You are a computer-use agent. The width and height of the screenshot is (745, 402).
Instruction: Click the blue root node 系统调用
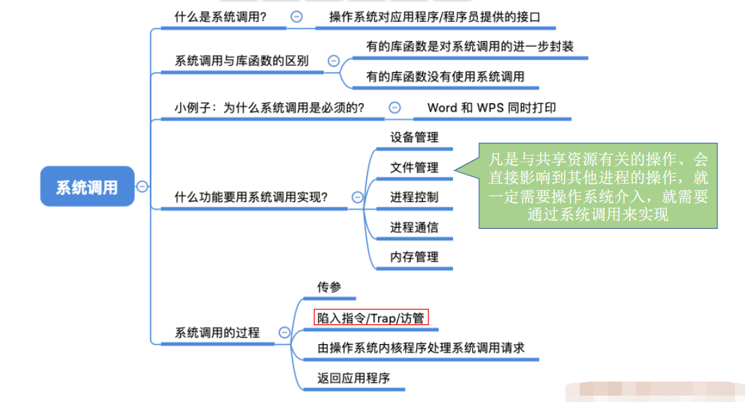pos(87,187)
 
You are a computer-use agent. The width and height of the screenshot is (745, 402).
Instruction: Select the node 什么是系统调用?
pos(221,17)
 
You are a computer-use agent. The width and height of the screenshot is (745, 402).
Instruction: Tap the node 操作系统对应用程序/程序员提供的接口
pos(434,17)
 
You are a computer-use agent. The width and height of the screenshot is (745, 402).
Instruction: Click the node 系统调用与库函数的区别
pos(242,61)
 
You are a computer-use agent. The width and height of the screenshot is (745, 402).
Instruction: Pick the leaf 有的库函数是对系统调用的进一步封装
pos(469,47)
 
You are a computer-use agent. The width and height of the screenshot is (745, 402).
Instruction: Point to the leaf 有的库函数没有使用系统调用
pos(445,76)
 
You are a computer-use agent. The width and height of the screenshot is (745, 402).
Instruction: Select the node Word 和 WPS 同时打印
pos(491,107)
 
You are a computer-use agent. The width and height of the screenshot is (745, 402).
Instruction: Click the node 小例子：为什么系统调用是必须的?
pos(269,107)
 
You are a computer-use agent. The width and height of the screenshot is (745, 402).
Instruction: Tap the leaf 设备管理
pos(414,137)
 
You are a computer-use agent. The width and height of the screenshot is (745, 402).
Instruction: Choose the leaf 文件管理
pos(414,167)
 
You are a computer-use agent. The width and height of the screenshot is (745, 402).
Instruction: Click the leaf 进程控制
pos(414,197)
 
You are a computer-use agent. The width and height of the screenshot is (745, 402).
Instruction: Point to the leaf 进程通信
pos(414,227)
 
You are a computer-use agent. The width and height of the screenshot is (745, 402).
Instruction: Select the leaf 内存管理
pos(414,257)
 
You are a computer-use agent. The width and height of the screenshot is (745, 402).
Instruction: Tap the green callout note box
pos(598,187)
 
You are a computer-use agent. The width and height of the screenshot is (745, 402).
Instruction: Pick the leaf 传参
pos(329,287)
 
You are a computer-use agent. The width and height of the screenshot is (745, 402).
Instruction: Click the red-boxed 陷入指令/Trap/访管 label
pos(371,318)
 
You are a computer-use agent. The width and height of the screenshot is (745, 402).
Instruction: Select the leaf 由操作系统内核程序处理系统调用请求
pos(421,348)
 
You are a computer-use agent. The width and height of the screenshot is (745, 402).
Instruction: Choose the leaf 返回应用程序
pos(353,378)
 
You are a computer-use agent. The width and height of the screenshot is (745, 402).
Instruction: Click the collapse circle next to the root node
pos(142,187)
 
